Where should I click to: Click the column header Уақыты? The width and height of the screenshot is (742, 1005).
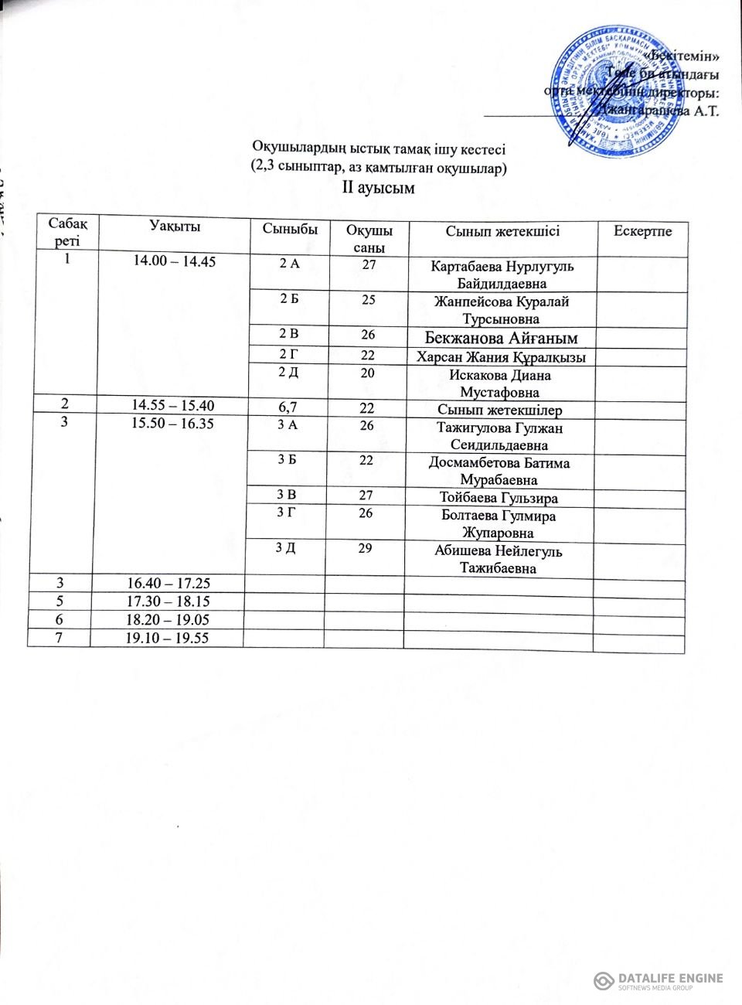click(175, 227)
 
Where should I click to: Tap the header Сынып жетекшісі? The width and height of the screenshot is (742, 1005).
click(502, 230)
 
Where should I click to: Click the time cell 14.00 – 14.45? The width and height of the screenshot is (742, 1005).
click(174, 261)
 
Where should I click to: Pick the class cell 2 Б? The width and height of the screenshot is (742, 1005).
click(289, 299)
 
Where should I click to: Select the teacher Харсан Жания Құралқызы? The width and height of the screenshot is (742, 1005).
click(501, 357)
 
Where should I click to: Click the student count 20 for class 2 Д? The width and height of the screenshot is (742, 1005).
click(368, 373)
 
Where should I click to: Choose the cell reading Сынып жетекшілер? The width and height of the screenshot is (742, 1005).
click(500, 411)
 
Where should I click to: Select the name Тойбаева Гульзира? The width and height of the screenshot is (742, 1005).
click(499, 499)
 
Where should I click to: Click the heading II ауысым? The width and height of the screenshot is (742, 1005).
click(379, 188)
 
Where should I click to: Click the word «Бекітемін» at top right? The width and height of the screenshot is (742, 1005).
click(685, 56)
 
